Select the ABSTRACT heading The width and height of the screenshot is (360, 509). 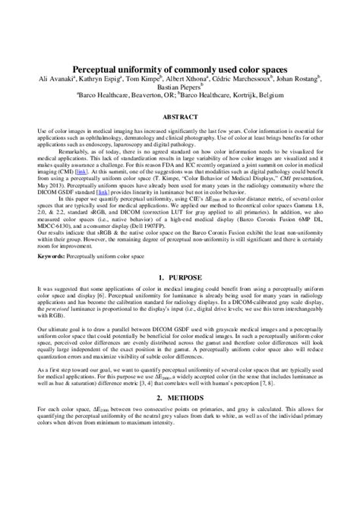tap(180, 119)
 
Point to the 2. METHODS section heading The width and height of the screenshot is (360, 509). tap(180, 398)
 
